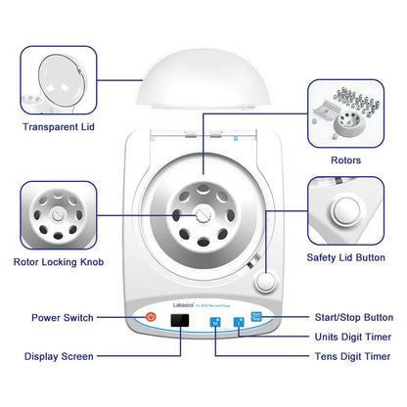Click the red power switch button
[x=151, y=317]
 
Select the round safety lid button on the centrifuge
[x=263, y=283]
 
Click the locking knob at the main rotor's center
[x=203, y=216]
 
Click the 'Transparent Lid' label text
[x=60, y=126]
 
